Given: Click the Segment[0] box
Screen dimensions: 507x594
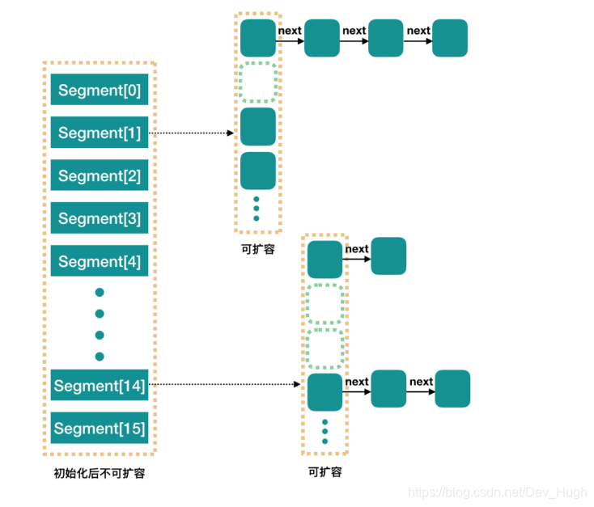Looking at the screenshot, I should coord(100,90).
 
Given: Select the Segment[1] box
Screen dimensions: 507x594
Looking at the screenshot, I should coord(100,133).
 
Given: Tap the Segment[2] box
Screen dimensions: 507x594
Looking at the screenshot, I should coord(100,175).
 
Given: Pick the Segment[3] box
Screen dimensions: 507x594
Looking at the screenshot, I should coord(100,218).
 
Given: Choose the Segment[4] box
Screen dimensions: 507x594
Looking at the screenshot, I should coord(100,261).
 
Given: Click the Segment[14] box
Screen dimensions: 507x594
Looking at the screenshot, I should coord(100,386).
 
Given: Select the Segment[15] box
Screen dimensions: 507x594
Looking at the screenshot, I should coord(100,429).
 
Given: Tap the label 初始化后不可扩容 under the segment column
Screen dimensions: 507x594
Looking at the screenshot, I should coord(100,473).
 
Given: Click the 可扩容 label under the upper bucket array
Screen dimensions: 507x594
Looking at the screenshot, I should coord(258,249).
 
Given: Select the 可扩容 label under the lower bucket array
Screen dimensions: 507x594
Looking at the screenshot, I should coord(325,471).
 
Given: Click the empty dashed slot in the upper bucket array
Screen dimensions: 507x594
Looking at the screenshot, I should coord(258,82).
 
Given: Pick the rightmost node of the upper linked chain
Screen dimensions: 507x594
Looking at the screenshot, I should coord(450,39).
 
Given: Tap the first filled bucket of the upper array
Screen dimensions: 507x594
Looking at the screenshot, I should coord(258,39).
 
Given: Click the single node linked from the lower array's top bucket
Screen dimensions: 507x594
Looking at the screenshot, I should coord(388,256).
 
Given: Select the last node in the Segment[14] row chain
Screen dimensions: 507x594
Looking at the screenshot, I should coord(452,388).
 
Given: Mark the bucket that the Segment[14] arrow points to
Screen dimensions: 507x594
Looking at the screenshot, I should coord(325,391).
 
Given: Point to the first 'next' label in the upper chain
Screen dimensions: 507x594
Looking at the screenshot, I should coord(290,31).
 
